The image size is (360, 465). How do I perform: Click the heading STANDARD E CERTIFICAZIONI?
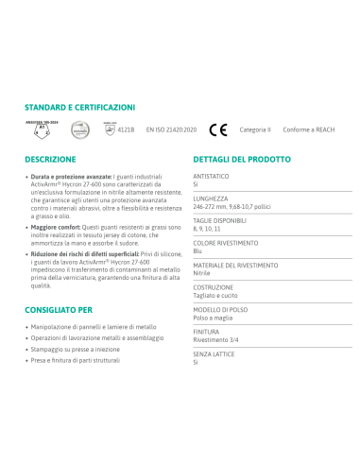point(79,108)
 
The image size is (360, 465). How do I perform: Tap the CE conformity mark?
point(218,129)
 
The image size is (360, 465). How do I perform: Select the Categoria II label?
point(254,130)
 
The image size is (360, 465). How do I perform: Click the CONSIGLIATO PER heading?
point(59,309)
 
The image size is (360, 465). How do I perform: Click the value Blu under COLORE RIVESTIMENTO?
point(197,251)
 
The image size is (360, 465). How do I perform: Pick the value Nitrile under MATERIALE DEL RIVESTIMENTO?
point(201,272)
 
